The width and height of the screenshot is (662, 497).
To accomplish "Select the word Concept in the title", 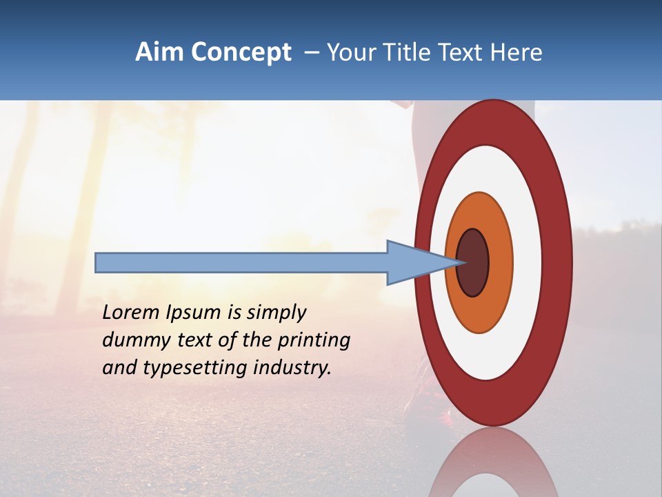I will pyautogui.click(x=240, y=52).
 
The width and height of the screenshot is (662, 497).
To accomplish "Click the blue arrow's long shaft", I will pyautogui.click(x=241, y=262).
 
